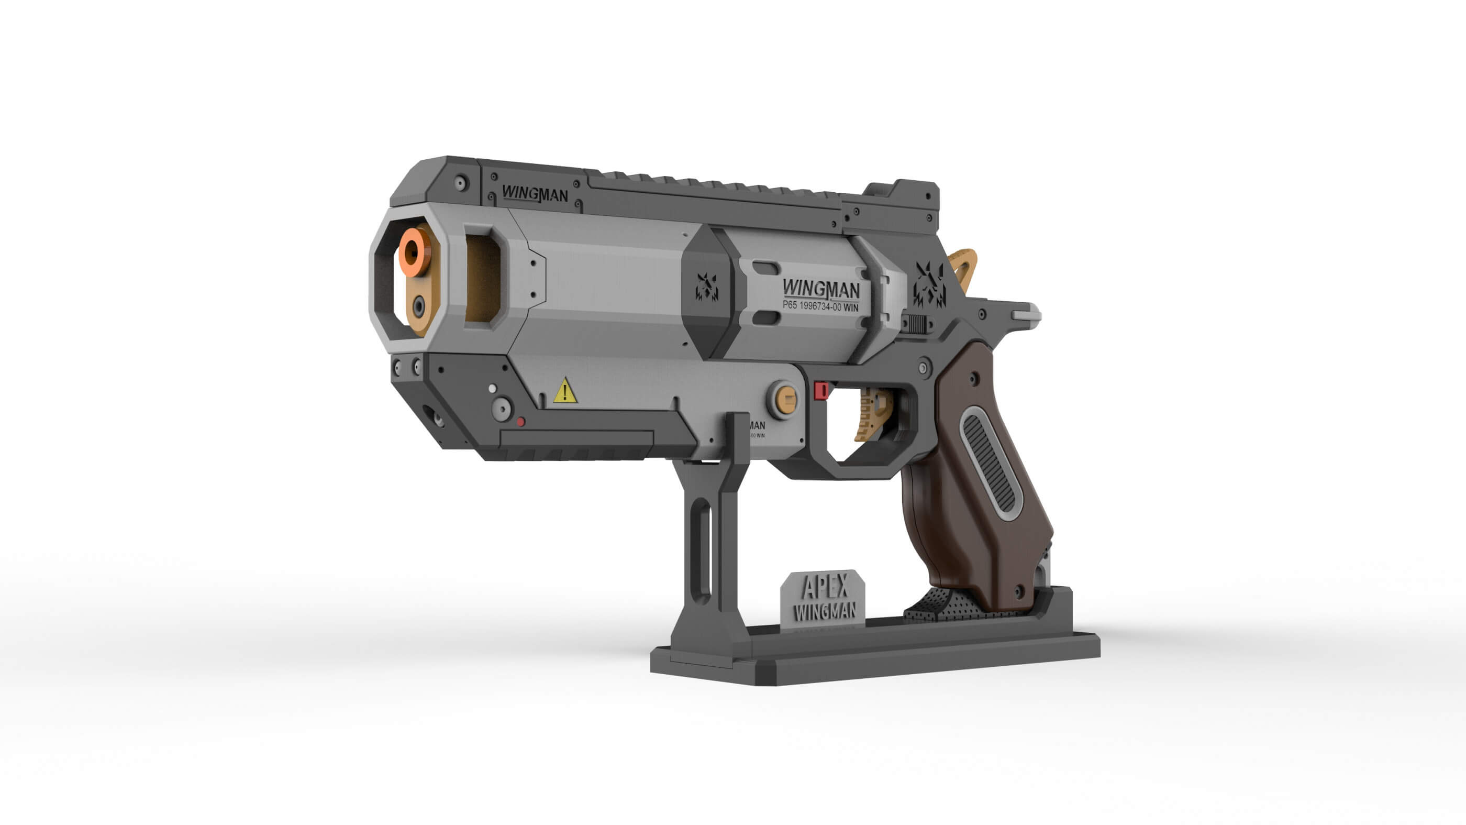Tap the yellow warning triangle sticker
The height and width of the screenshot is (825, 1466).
pyautogui.click(x=565, y=391)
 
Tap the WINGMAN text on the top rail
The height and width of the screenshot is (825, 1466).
pyautogui.click(x=535, y=194)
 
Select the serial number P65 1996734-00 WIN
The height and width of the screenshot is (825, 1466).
pyautogui.click(x=820, y=306)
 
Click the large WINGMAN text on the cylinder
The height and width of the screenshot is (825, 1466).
pyautogui.click(x=820, y=289)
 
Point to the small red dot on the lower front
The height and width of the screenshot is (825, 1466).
pyautogui.click(x=520, y=421)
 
